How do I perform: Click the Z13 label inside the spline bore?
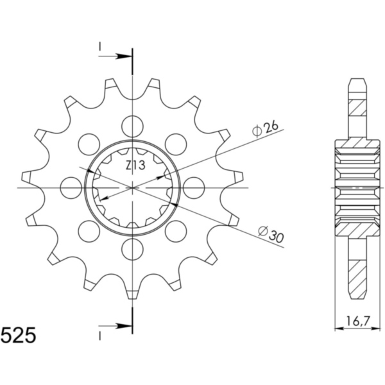135,166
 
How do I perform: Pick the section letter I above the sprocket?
100,46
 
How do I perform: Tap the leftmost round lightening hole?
71,187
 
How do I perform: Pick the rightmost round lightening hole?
193,187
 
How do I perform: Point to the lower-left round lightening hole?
89,230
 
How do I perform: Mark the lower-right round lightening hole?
175,230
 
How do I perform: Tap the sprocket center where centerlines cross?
132,187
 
